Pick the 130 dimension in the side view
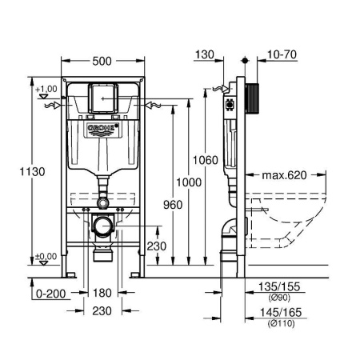coord(205,55)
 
